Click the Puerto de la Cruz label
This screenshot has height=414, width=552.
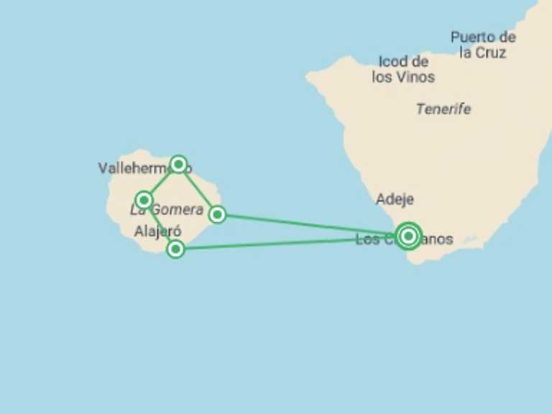click(x=483, y=45)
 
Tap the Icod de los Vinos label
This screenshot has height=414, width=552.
click(x=403, y=69)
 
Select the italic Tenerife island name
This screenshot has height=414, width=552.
click(x=443, y=109)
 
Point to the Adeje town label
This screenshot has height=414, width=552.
click(x=395, y=199)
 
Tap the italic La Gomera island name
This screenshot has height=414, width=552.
click(x=167, y=211)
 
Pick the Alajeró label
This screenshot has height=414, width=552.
click(x=157, y=231)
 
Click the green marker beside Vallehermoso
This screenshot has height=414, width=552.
click(x=179, y=164)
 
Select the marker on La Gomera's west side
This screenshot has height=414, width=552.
click(x=144, y=200)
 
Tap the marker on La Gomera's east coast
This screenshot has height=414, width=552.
click(x=217, y=214)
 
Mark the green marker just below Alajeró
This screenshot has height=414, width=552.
click(x=175, y=249)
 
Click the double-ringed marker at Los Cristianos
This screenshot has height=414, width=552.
click(x=408, y=235)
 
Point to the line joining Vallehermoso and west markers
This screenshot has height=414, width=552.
click(x=162, y=182)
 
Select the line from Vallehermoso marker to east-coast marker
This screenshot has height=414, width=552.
click(x=198, y=188)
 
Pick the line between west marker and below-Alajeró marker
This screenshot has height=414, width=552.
click(x=160, y=224)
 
